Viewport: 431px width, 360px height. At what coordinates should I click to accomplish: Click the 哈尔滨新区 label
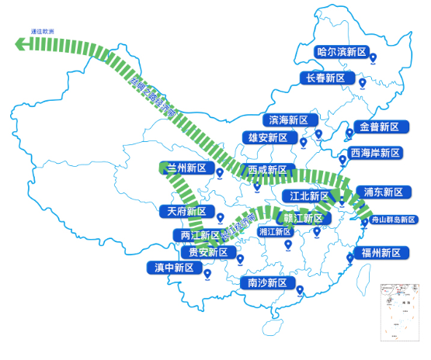pos(342,53)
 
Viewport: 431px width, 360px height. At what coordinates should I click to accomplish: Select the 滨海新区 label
pos(288,120)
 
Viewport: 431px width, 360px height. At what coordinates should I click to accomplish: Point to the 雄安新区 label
pos(268,138)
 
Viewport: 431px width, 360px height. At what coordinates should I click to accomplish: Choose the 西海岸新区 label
pos(375,153)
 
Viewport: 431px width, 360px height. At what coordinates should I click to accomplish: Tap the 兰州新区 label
pos(186,168)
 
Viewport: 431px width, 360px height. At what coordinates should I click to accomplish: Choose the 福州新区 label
pos(381,253)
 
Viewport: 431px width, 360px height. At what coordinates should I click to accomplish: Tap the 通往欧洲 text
pos(43,31)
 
